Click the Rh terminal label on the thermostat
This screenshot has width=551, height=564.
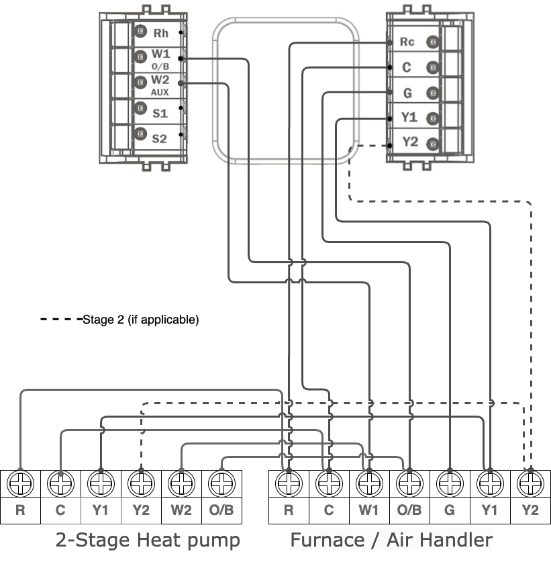click(x=161, y=33)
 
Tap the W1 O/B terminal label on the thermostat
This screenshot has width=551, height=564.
click(x=160, y=58)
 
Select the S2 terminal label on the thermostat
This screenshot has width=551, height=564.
click(x=159, y=139)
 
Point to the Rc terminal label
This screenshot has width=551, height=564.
click(x=407, y=42)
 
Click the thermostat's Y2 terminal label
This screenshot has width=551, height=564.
click(x=409, y=142)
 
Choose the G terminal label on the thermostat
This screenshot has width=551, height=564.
click(x=407, y=92)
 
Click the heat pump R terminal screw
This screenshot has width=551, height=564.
click(x=20, y=483)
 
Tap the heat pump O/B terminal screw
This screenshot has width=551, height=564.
click(x=221, y=483)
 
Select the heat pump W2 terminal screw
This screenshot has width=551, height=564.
click(x=181, y=483)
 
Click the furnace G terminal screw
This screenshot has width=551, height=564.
click(x=449, y=483)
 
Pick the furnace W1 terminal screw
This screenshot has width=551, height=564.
click(x=368, y=483)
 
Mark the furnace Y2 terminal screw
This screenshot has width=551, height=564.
click(x=530, y=483)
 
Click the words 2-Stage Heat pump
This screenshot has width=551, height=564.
click(x=148, y=540)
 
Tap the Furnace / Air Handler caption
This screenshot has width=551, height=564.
click(x=391, y=540)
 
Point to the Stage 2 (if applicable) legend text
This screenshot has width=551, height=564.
click(x=141, y=320)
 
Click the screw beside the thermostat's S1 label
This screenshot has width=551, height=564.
click(x=140, y=107)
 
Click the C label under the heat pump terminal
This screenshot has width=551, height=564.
click(x=60, y=510)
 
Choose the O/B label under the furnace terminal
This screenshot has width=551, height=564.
click(x=409, y=510)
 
